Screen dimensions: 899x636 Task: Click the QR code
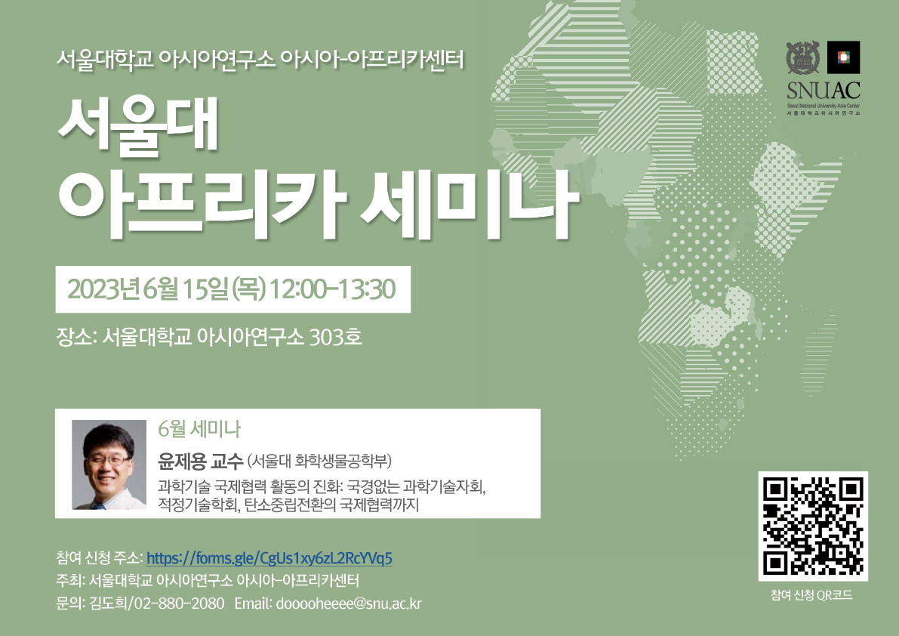point(813,526)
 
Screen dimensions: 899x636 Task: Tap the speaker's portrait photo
point(109,465)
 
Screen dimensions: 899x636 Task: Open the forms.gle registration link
point(269,558)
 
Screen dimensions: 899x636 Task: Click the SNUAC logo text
point(824,91)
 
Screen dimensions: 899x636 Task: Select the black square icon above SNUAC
point(843,57)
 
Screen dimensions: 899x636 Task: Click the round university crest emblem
point(802,57)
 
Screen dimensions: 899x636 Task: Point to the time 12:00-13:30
point(333,289)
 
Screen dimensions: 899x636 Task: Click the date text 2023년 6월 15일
point(148,289)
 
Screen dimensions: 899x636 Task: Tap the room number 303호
point(335,337)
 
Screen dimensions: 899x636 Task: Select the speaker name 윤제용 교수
point(201,461)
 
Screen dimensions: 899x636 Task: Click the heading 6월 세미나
point(199,429)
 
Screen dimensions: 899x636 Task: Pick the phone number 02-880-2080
point(180,604)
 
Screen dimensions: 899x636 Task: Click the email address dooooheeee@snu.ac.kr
point(349,604)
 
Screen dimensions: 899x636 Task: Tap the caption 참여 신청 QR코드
point(811,594)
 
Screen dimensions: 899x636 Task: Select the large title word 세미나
point(470,203)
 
